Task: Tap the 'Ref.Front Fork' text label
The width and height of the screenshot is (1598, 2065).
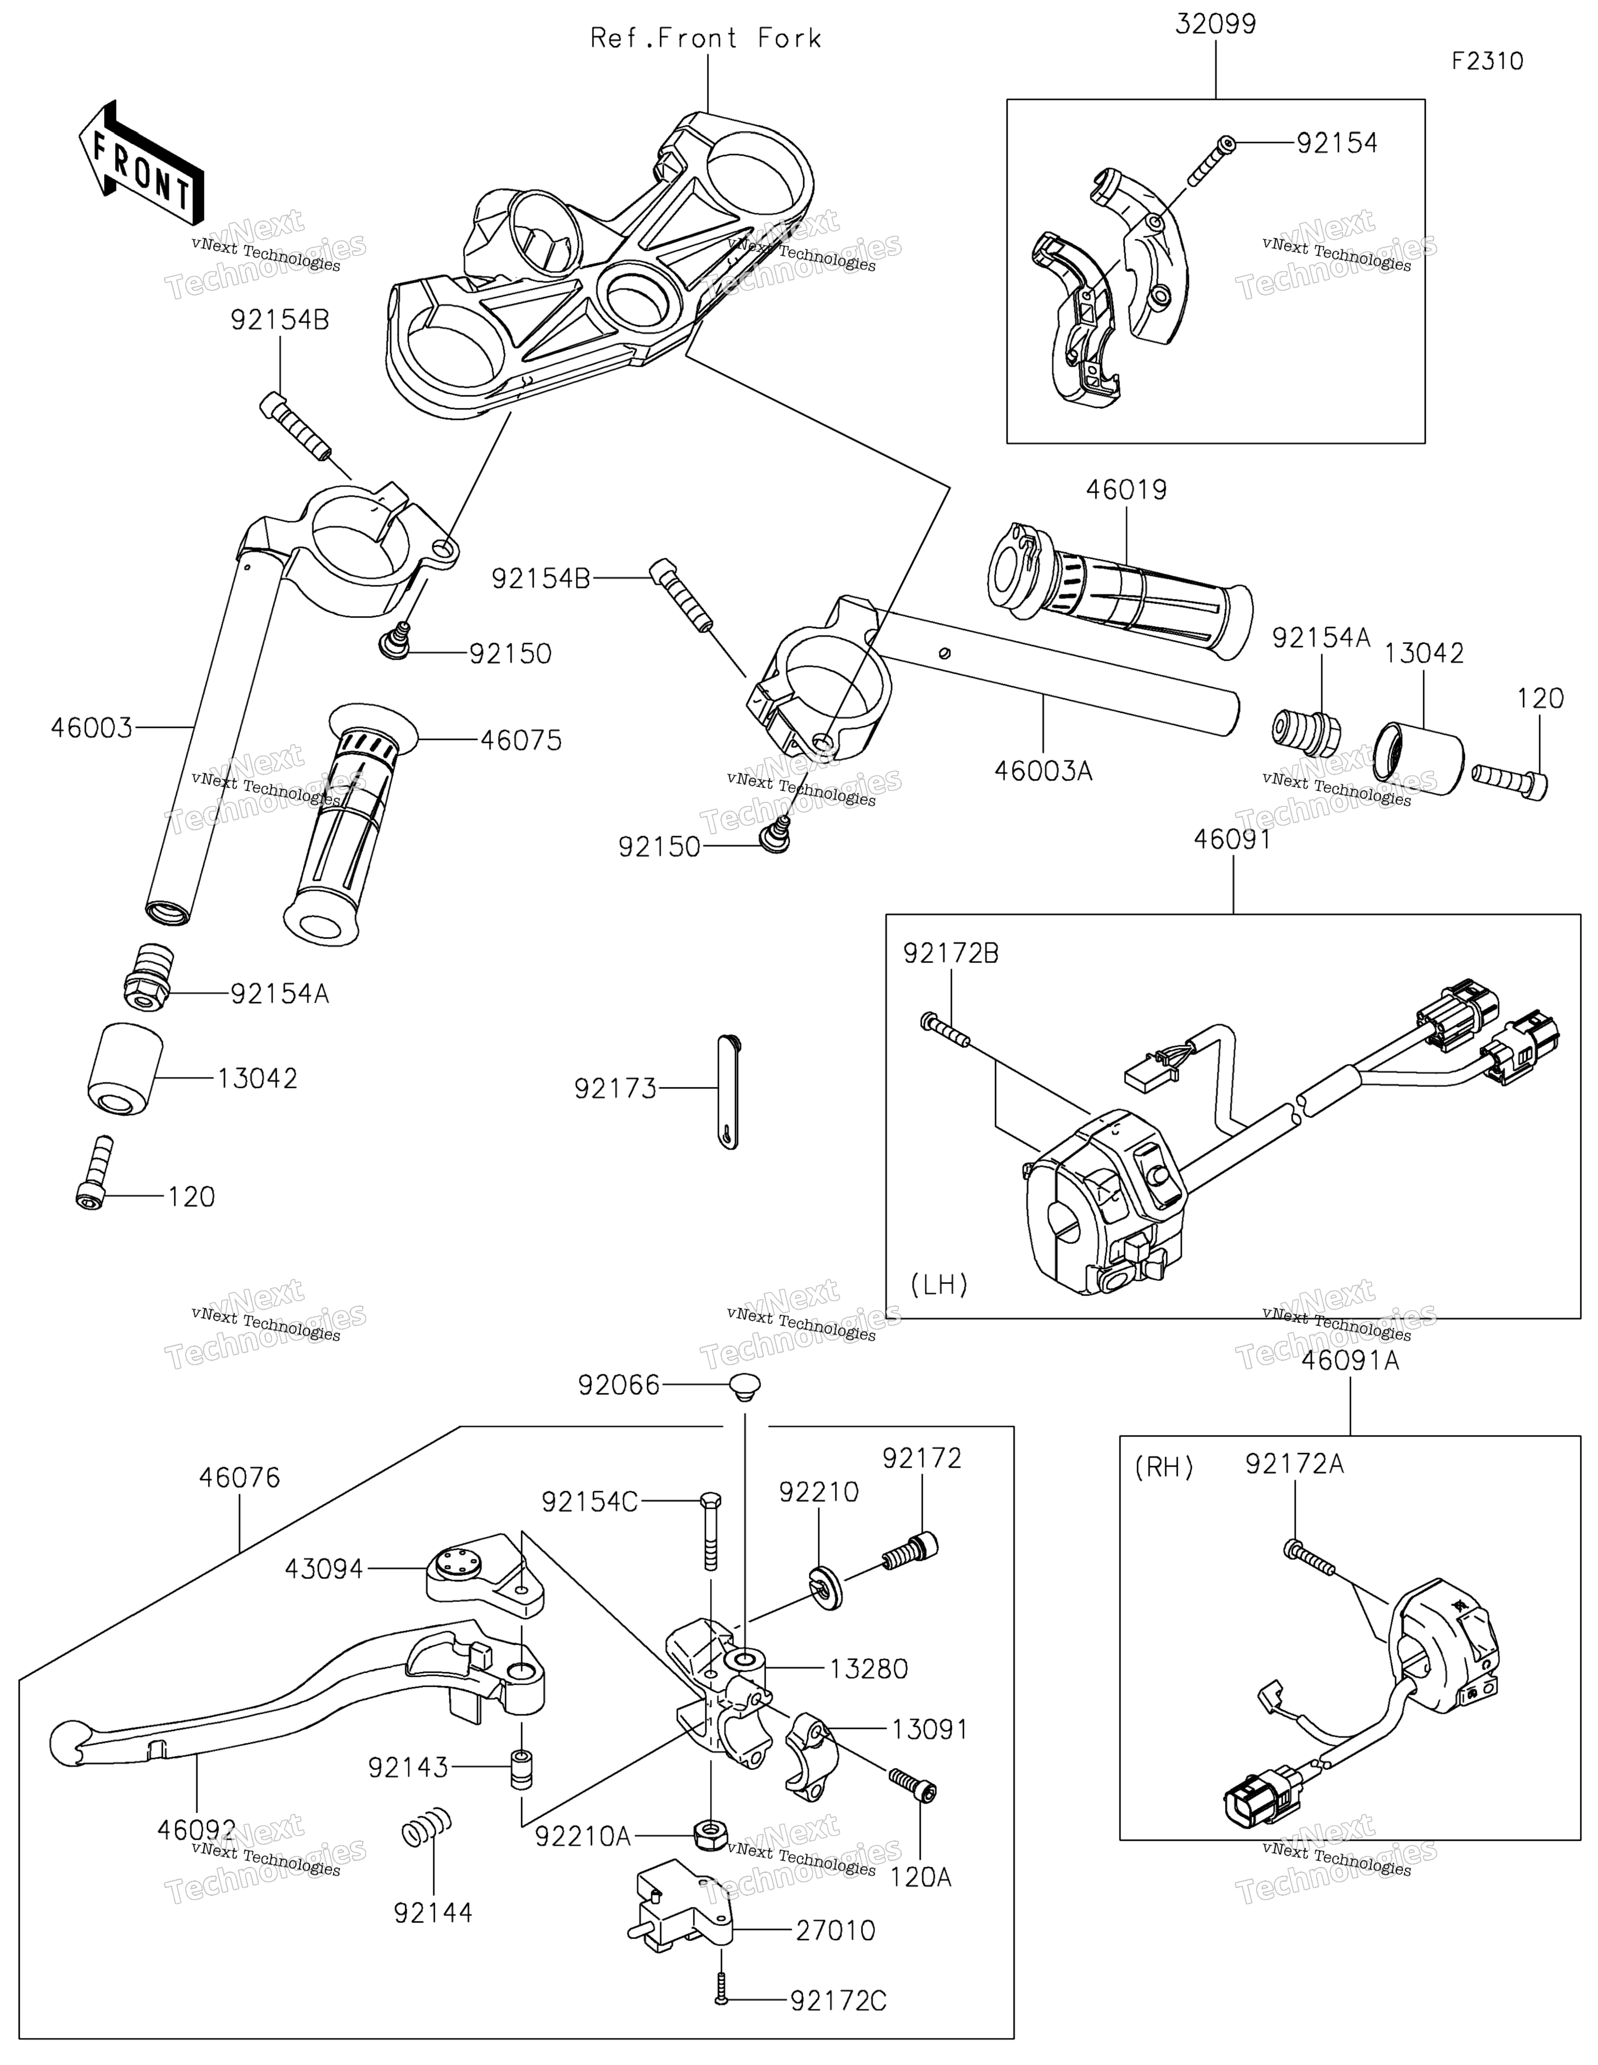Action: coord(705,39)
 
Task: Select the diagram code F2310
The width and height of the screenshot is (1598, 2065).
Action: coord(1487,61)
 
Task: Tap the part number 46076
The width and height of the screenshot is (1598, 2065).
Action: coord(240,1477)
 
